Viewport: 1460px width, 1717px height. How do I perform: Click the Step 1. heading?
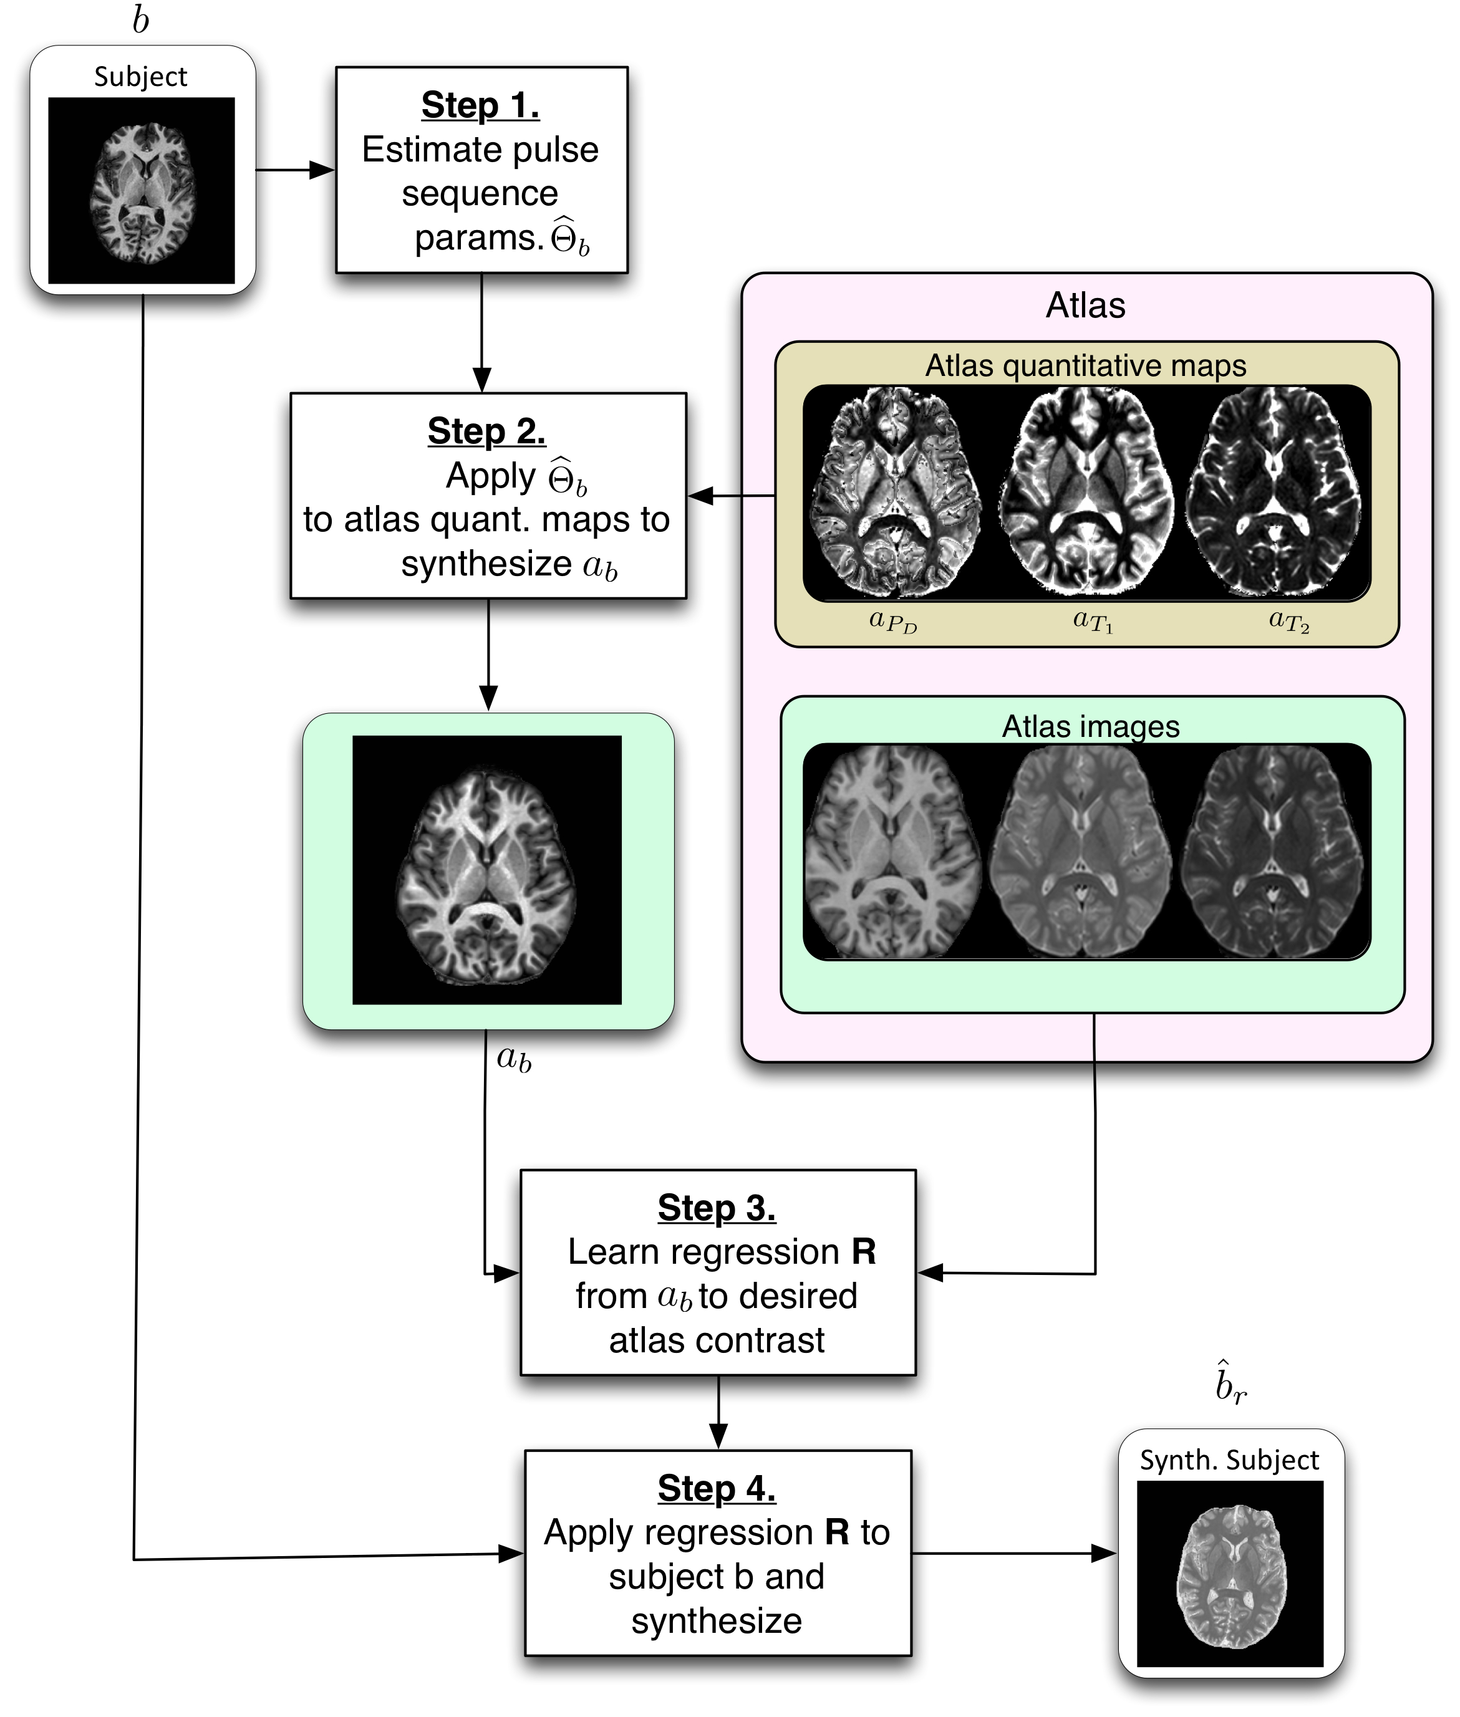click(480, 106)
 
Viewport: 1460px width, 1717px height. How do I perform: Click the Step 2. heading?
click(486, 431)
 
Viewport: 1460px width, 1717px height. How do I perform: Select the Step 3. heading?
click(717, 1208)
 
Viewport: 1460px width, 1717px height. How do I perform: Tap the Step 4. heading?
click(717, 1489)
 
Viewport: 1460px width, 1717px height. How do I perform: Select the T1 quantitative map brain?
click(1086, 494)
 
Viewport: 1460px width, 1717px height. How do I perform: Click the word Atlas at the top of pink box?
click(1085, 306)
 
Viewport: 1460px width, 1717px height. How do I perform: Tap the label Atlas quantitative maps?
click(1085, 366)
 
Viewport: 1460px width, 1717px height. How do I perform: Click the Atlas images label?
click(1090, 726)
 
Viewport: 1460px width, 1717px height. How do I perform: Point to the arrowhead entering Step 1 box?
click(323, 170)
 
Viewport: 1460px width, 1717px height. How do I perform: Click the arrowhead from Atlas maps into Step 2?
click(700, 496)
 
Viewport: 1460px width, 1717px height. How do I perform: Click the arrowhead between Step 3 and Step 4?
click(718, 1436)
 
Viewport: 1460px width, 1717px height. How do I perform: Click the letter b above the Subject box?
click(141, 20)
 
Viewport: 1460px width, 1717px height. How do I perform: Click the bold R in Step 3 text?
click(863, 1253)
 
